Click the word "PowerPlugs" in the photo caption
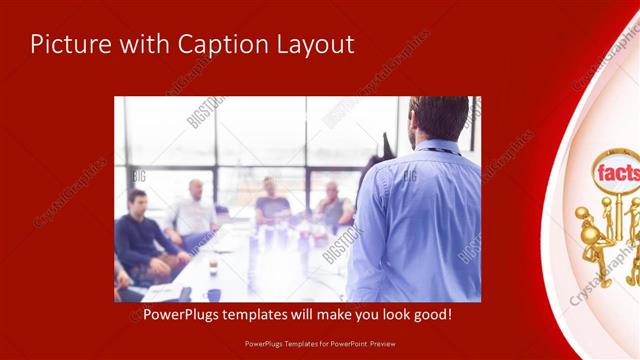point(177,315)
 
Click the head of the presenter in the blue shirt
point(437,118)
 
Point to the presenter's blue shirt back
point(420,220)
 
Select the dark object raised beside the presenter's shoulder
point(385,148)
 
